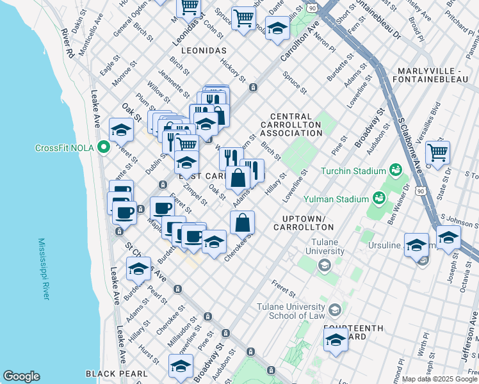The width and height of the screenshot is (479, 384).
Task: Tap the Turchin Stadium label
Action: pyautogui.click(x=355, y=171)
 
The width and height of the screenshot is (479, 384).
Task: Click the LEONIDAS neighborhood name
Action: pyautogui.click(x=203, y=50)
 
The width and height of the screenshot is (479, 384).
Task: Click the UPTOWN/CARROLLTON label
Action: pyautogui.click(x=302, y=223)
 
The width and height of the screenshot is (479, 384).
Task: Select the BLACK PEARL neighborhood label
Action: pyautogui.click(x=117, y=373)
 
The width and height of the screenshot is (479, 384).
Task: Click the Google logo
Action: pyautogui.click(x=21, y=376)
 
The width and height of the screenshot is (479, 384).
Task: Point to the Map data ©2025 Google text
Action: pyautogui.click(x=439, y=379)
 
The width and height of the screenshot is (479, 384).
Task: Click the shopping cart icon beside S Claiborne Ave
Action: pyautogui.click(x=437, y=153)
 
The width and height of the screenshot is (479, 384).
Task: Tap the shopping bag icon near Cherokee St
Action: pyautogui.click(x=243, y=223)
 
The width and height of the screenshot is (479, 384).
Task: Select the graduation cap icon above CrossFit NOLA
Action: pyautogui.click(x=120, y=131)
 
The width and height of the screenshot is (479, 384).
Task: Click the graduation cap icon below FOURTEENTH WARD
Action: pyautogui.click(x=336, y=342)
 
